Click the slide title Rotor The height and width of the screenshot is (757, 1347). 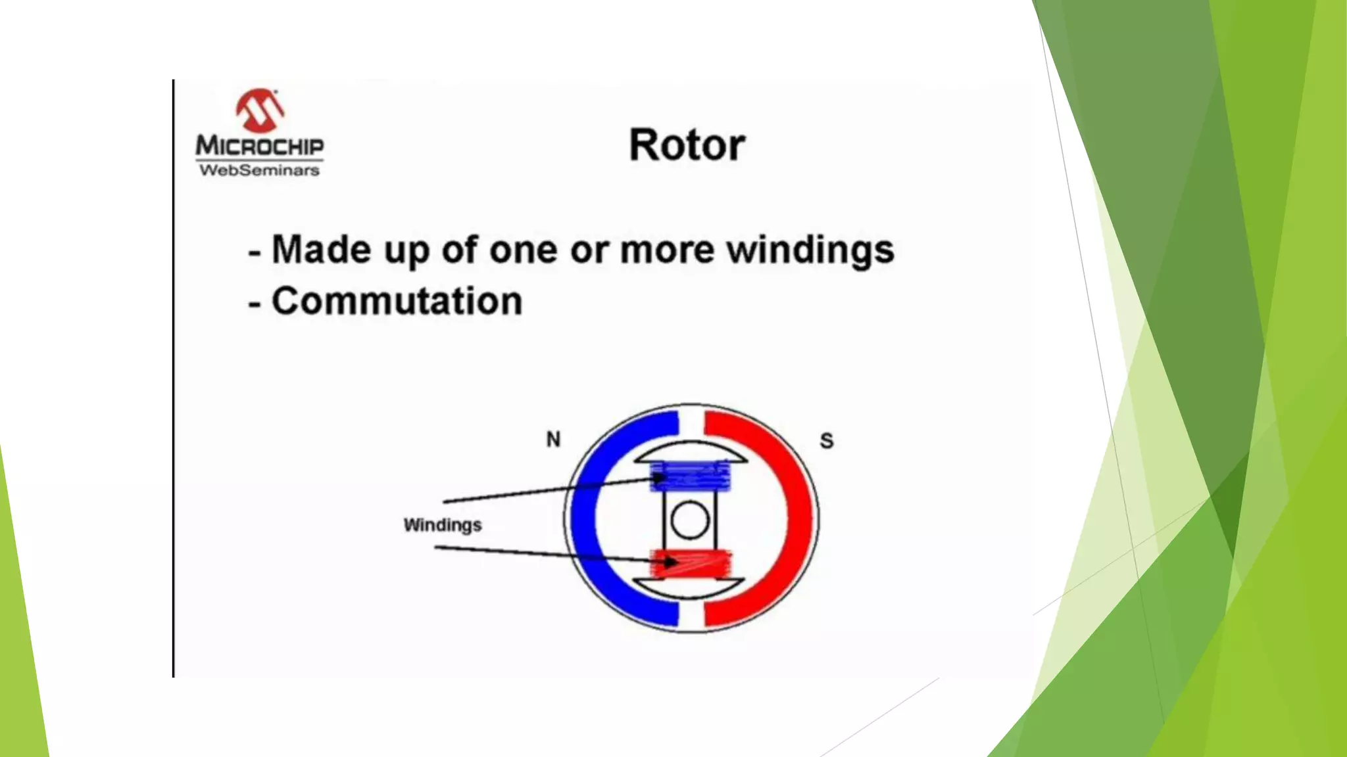coord(687,145)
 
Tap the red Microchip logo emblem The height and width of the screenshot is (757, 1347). coord(260,110)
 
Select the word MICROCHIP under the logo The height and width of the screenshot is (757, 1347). coord(260,146)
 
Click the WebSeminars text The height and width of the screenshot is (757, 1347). coord(260,170)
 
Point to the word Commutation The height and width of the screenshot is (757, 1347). coord(397,302)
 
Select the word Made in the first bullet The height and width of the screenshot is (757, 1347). coord(321,250)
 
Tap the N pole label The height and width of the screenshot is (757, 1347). coord(553,440)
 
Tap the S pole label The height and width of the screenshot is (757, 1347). coord(827,441)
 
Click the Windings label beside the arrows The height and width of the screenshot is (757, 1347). coord(442,525)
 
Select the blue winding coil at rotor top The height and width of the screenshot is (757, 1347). coord(691,476)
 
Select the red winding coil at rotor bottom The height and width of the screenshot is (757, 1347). coord(691,564)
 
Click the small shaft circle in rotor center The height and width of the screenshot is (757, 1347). coord(690,520)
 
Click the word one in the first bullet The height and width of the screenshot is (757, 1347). coord(523,250)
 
